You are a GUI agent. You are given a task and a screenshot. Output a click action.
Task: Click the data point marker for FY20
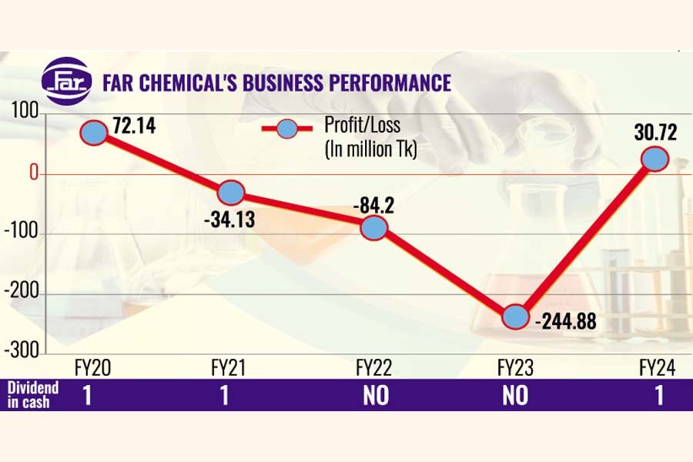tap(93, 132)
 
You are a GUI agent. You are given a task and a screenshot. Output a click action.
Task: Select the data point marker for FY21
tap(231, 192)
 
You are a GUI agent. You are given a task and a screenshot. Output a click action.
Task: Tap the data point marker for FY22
tap(373, 227)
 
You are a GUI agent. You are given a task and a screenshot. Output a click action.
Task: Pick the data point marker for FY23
tap(515, 316)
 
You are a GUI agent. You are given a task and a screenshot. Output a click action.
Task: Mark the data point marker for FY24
tap(654, 159)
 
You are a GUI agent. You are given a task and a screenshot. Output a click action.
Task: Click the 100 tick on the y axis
tap(23, 115)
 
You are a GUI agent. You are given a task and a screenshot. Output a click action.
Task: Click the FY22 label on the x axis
tap(373, 368)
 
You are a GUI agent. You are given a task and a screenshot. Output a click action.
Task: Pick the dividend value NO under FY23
tap(515, 396)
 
